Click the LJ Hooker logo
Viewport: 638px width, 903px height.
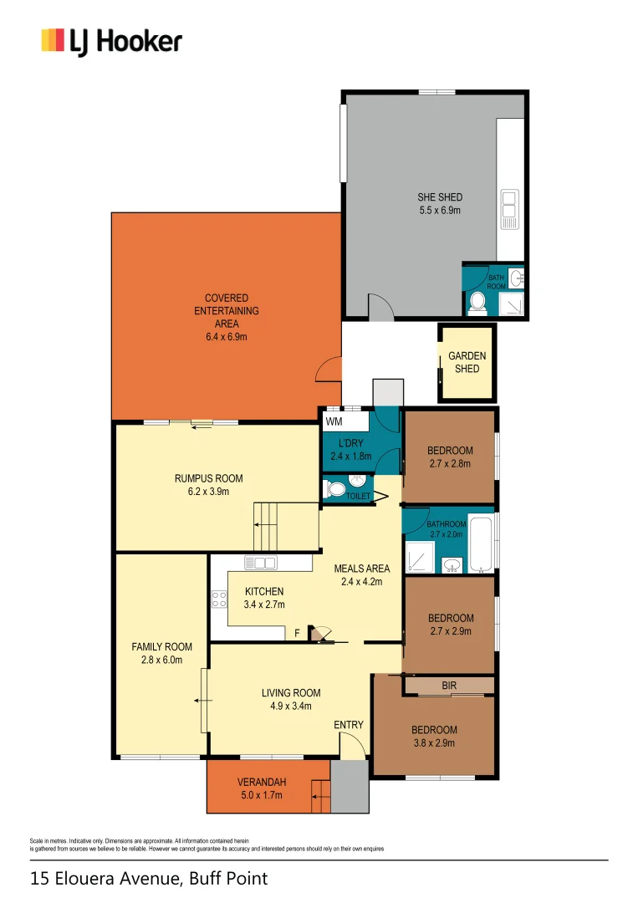[x=111, y=41]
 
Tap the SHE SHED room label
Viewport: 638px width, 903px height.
[x=440, y=197]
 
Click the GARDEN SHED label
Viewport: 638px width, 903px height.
[x=467, y=362]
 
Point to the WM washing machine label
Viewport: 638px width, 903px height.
[x=334, y=421]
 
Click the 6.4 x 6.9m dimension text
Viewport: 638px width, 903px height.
[x=226, y=337]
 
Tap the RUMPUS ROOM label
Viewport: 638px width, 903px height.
[x=208, y=478]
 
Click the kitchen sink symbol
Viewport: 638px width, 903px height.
[x=260, y=563]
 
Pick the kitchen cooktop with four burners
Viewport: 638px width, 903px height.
[x=220, y=599]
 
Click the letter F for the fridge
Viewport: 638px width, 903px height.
[x=297, y=633]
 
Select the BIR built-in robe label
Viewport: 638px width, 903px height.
[x=449, y=686]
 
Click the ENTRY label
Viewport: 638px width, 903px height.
[x=349, y=724]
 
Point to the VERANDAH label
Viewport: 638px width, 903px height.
[x=262, y=782]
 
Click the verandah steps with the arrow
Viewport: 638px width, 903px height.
[x=320, y=796]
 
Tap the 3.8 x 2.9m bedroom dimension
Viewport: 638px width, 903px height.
[x=435, y=742]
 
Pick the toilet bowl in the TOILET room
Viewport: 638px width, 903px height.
[x=337, y=488]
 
